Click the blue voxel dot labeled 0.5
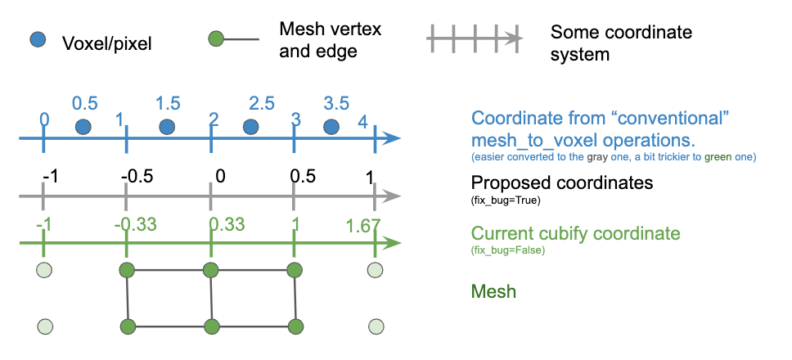point(83,127)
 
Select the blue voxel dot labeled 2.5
point(250,127)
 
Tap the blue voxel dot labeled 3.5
point(331,127)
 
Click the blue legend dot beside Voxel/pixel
point(38,39)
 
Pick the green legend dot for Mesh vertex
point(217,39)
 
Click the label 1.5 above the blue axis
point(168,103)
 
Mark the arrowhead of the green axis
point(393,243)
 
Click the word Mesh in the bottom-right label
point(494,290)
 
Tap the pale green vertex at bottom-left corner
point(46,327)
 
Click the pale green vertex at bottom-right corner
point(375,327)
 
